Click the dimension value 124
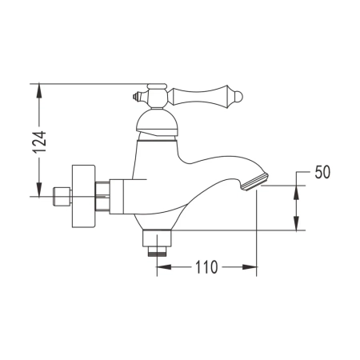tap(47, 140)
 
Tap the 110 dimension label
tap(206, 268)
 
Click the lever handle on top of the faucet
tap(192, 95)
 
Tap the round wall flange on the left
tap(82, 194)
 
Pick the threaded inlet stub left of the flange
tap(59, 195)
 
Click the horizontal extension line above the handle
tap(88, 82)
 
